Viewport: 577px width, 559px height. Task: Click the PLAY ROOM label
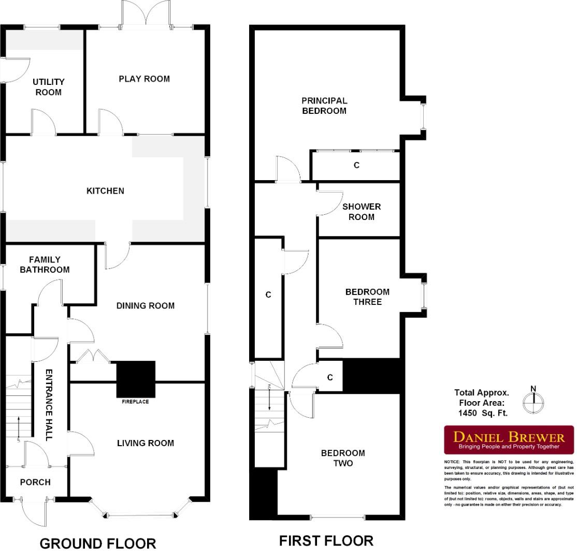[144, 79]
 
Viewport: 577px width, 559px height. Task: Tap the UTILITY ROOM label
[48, 87]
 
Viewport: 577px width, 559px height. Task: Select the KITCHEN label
[105, 191]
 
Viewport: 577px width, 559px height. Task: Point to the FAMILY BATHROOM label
[45, 264]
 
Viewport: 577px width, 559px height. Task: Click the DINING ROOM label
[145, 306]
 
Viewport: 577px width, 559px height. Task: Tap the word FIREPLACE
[135, 402]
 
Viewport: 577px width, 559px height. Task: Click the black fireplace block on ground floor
[136, 378]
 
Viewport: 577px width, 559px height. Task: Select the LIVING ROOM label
[145, 443]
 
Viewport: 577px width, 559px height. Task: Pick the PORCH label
[35, 482]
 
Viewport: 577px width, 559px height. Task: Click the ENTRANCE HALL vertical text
[49, 405]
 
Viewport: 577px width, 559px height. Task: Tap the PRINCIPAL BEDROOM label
[324, 106]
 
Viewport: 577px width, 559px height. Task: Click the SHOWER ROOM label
[361, 212]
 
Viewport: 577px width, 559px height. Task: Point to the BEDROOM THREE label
[367, 297]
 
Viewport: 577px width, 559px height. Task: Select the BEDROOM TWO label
[343, 458]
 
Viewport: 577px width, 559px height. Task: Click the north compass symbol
[533, 401]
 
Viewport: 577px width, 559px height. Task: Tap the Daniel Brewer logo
[509, 439]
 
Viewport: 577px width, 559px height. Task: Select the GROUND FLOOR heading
[97, 543]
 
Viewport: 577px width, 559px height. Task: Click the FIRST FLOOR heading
[326, 541]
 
